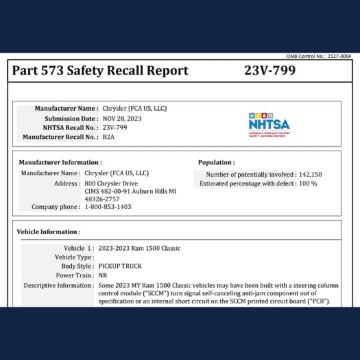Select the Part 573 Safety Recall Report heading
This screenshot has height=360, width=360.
click(x=100, y=70)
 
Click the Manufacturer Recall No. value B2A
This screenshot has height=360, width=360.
click(x=109, y=137)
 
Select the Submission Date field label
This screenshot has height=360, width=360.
click(x=69, y=118)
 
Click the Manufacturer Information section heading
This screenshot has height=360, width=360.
click(x=60, y=162)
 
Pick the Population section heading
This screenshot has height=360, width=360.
click(x=216, y=162)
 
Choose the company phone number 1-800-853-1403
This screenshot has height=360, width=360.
click(x=108, y=207)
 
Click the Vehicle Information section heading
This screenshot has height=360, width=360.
click(x=49, y=232)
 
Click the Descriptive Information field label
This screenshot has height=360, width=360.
click(x=58, y=285)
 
